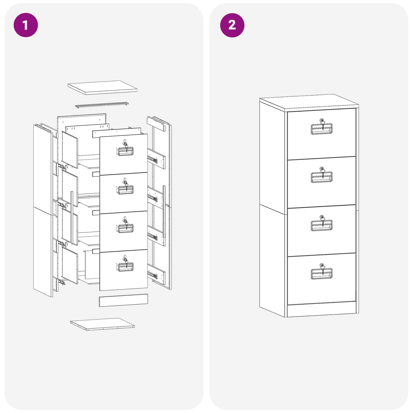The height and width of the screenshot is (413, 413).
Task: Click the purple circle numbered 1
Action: click(26, 25)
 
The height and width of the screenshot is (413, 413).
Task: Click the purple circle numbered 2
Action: click(232, 25)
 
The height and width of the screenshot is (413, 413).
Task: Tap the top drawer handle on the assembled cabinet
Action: click(321, 129)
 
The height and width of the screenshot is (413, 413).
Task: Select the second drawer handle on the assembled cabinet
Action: click(321, 177)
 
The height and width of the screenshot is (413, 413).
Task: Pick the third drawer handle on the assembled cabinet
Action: click(321, 226)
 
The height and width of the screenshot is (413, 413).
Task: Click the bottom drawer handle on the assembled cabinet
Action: click(321, 274)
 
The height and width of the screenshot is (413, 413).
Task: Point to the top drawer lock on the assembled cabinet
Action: click(322, 121)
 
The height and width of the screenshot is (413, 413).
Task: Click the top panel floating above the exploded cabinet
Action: click(102, 87)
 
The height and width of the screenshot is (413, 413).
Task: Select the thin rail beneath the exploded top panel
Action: click(102, 105)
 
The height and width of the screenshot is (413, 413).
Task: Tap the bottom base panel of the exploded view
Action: click(102, 324)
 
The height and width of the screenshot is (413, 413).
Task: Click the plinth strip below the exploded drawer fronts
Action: click(123, 300)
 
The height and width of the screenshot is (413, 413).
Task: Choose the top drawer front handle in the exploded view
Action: click(125, 152)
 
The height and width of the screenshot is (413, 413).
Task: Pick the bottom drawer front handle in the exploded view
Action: click(125, 267)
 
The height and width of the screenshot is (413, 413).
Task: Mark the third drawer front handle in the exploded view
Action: click(125, 228)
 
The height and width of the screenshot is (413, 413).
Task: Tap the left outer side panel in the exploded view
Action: click(43, 210)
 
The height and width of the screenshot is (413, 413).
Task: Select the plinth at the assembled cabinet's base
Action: click(321, 309)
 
